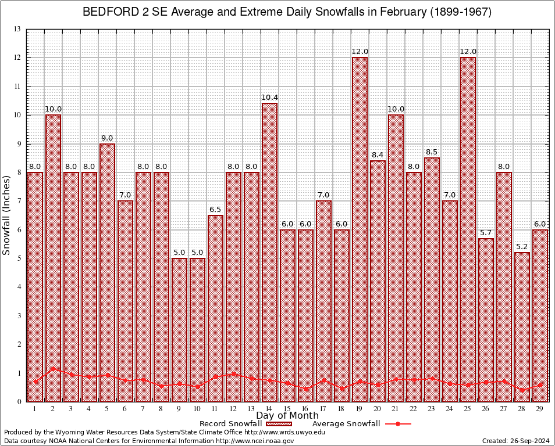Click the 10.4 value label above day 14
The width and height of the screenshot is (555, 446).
tap(269, 98)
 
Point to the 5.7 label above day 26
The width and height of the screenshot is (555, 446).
tap(486, 233)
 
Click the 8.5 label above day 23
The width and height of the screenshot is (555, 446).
tap(432, 152)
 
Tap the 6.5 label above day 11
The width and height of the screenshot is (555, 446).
tap(215, 210)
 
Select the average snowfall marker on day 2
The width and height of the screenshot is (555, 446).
tap(54, 368)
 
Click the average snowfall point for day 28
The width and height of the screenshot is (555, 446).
tap(522, 390)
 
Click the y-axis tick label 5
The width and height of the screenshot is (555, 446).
tap(19, 258)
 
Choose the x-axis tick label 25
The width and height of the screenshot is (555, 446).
tap(468, 409)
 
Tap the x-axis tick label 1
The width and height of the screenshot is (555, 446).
tap(35, 409)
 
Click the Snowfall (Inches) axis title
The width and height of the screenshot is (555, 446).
tap(7, 215)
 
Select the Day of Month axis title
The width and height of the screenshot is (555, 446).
tap(287, 416)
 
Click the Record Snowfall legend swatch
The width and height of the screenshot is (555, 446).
tap(281, 424)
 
